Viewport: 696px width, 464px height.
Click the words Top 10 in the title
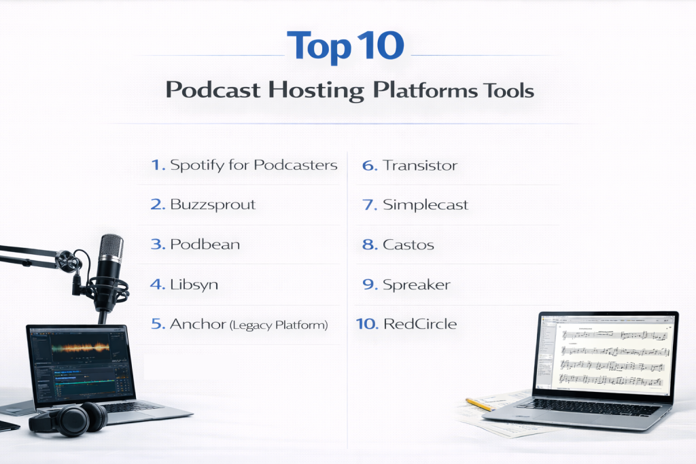(345, 46)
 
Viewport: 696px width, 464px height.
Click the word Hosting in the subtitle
(315, 90)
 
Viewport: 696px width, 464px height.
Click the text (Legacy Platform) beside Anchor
(279, 325)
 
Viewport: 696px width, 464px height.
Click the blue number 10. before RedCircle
(367, 324)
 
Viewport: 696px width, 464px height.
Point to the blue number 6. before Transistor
(370, 166)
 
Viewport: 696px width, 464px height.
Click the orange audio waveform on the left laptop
(80, 347)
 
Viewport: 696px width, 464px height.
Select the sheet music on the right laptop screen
(614, 357)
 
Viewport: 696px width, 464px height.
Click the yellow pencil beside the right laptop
(479, 404)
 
